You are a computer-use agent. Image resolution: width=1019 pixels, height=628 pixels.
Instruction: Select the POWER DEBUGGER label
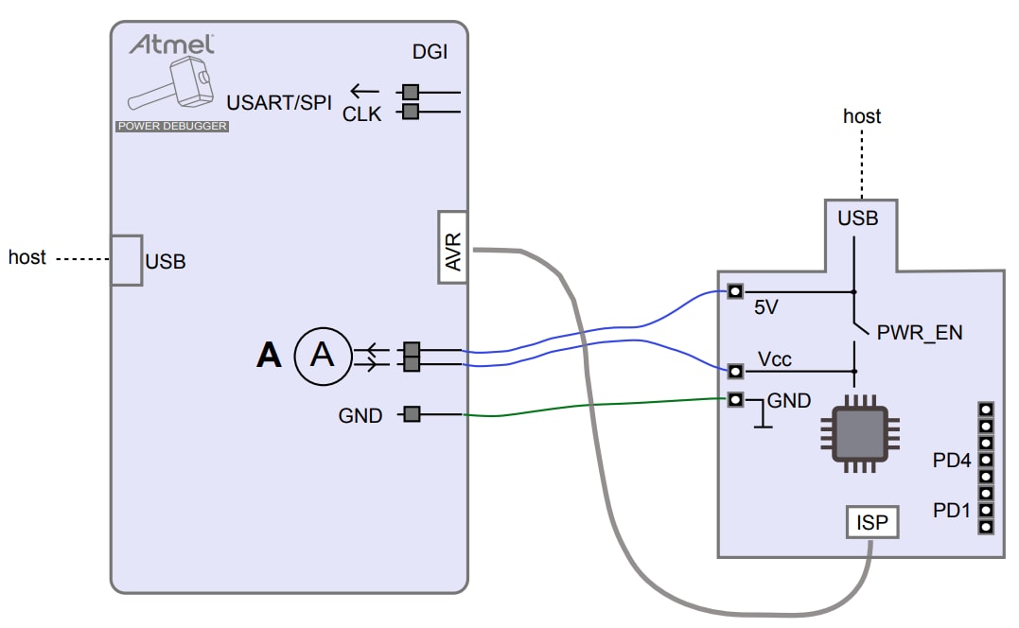tap(171, 126)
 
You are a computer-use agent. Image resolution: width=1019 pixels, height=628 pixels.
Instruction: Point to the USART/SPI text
tap(280, 102)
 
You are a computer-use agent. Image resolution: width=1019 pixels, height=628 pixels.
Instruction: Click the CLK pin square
tap(411, 113)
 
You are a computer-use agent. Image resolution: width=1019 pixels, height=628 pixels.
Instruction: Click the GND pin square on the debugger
tap(411, 413)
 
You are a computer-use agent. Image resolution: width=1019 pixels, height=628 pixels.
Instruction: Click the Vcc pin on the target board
tap(735, 369)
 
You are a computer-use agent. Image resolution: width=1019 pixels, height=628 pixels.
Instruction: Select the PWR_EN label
tap(914, 334)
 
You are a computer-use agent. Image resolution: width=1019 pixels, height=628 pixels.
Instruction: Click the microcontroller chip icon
tap(859, 434)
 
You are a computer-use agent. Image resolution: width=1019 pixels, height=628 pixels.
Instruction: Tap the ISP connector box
tap(872, 521)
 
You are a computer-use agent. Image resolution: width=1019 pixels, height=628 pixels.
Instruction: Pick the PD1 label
tap(952, 511)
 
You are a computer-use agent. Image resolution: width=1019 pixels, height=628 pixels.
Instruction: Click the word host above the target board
tap(862, 116)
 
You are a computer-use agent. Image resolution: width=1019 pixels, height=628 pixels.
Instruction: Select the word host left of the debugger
tap(27, 256)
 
